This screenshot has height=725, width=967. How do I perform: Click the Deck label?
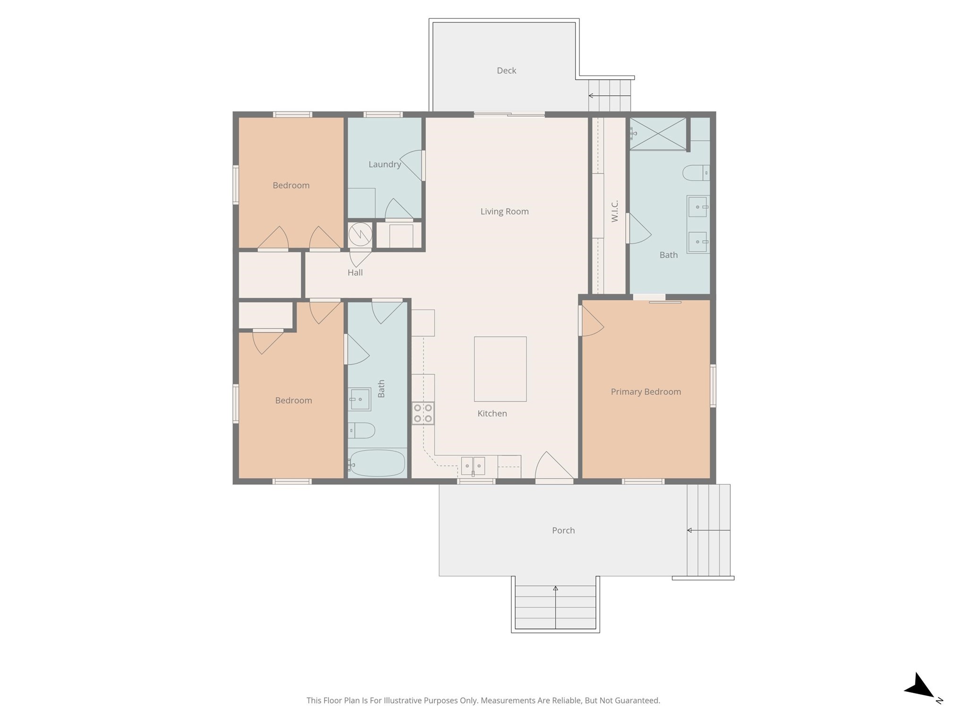(x=506, y=71)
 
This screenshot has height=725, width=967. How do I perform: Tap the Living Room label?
(x=504, y=211)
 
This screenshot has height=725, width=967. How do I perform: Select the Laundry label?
(x=384, y=164)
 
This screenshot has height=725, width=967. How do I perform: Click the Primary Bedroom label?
(x=645, y=392)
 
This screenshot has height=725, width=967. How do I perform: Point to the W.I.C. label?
(x=614, y=211)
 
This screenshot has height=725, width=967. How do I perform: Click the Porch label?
(x=563, y=531)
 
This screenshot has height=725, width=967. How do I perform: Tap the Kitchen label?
(x=492, y=413)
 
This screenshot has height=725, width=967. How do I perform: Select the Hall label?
(x=355, y=272)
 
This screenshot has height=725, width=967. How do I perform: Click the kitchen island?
(x=500, y=369)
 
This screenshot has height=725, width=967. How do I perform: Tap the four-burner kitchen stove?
(x=423, y=413)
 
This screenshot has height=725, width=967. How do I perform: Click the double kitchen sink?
(x=473, y=466)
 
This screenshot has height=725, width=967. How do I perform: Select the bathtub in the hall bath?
(x=377, y=464)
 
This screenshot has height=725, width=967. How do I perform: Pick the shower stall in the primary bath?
(x=658, y=134)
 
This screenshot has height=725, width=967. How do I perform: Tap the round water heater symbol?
(x=360, y=235)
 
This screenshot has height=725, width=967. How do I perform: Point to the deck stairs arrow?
(x=610, y=96)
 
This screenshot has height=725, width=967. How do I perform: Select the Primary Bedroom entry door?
(x=592, y=321)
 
